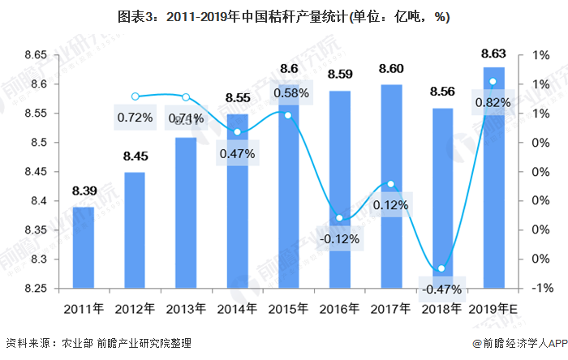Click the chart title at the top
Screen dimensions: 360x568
(284, 17)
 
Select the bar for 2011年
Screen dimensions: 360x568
(83, 247)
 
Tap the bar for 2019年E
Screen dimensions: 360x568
(493, 178)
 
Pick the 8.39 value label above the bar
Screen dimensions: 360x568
(83, 191)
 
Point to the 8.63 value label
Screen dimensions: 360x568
(493, 54)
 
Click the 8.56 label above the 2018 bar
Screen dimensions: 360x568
(443, 92)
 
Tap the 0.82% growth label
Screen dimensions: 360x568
(493, 102)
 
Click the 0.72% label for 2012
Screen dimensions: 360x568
(135, 118)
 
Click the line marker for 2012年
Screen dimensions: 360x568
(136, 96)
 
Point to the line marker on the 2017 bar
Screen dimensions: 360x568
(391, 184)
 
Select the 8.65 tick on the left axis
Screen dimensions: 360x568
(34, 55)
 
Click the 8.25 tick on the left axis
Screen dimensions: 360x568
(34, 289)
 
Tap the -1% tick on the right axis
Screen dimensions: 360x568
(543, 289)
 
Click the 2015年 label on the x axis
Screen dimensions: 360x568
(288, 308)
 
